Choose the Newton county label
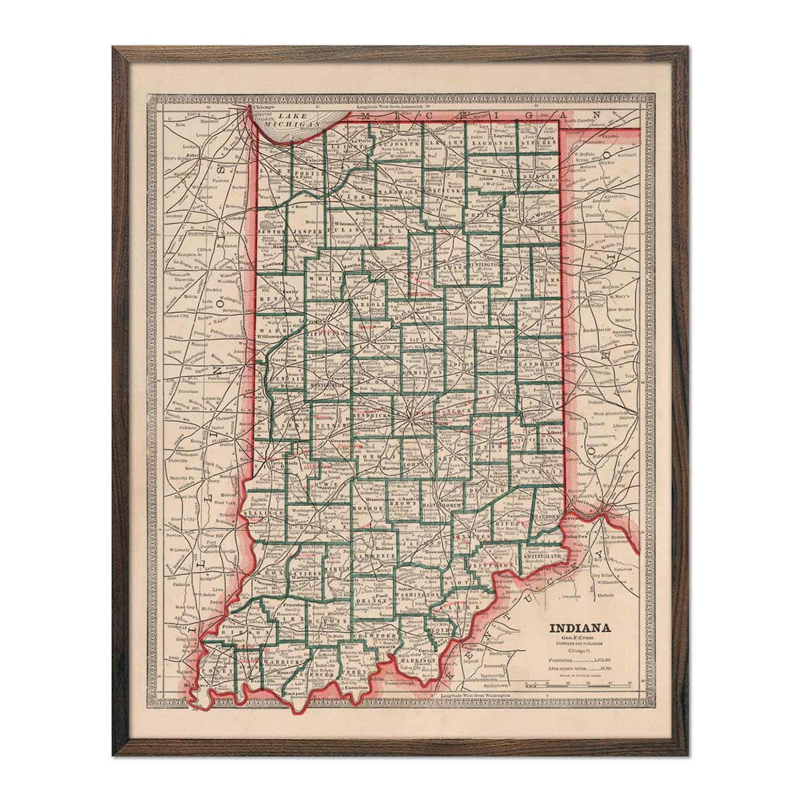coord(271,232)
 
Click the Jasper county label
coord(308,231)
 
